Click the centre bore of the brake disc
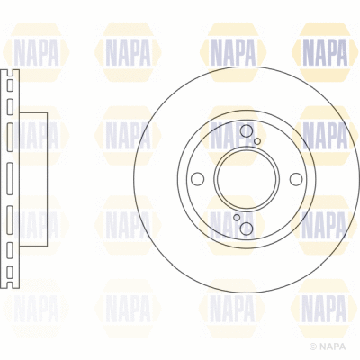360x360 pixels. [x=245, y=179]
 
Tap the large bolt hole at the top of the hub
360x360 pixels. [x=247, y=132]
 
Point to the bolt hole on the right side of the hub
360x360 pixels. [x=293, y=179]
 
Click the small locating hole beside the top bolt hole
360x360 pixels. [x=258, y=141]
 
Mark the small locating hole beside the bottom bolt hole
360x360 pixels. [x=237, y=217]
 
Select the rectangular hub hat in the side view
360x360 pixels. [x=31, y=179]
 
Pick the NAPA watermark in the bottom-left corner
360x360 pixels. [x=34, y=309]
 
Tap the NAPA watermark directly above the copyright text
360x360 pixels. [x=324, y=309]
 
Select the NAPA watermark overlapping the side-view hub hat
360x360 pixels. [x=34, y=136]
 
